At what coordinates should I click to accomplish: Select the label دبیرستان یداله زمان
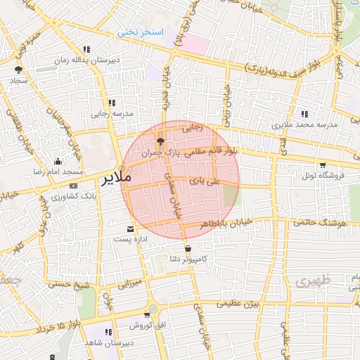point(86,60)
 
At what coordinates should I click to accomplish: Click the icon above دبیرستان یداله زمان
point(86,50)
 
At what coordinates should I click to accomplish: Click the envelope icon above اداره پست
point(130,229)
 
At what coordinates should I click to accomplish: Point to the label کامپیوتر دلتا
point(187,259)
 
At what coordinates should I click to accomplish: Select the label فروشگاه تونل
point(323,175)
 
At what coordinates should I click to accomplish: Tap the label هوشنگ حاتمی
point(323,222)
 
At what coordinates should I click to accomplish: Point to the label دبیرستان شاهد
point(108,342)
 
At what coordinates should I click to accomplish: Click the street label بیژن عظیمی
point(238,303)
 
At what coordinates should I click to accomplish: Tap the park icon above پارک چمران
point(160,140)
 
